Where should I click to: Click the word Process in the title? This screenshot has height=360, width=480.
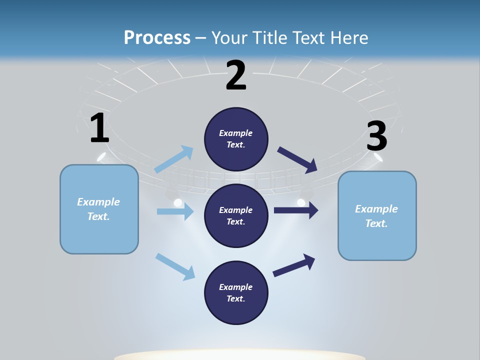pos(157,37)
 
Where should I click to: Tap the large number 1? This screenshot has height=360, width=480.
pos(99,128)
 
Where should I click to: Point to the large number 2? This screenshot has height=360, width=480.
pos(236,75)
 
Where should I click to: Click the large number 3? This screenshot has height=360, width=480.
pos(377,136)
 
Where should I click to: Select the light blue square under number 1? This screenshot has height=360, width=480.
pos(99,209)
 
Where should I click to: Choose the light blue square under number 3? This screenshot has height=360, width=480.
pos(377,215)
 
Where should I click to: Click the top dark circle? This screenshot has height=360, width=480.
pos(236,139)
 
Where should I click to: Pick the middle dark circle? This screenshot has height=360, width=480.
pos(236,215)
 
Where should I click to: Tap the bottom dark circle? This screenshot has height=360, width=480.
pos(236,292)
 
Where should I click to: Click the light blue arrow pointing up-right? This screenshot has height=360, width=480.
pos(174,159)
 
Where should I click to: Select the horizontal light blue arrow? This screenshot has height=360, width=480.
pos(175,211)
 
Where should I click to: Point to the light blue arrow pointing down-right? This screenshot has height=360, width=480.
pos(175,266)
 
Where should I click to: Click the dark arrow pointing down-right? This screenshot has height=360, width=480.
pos(297,159)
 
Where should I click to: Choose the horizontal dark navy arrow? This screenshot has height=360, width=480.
pos(296,210)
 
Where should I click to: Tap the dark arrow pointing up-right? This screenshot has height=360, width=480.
pos(294,265)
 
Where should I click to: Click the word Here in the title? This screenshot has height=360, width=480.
pos(348,37)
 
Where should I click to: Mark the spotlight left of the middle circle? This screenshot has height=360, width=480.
pos(177,202)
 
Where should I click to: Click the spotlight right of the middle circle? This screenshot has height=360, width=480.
pos(301,201)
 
